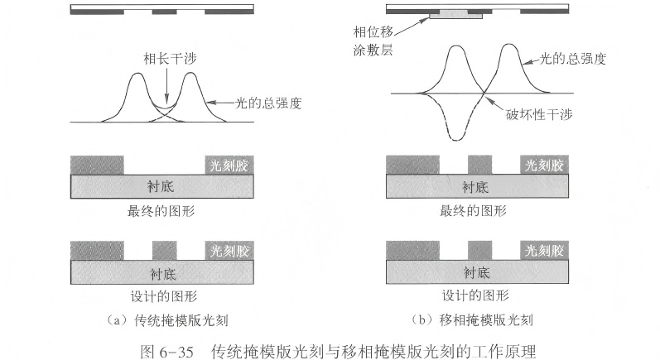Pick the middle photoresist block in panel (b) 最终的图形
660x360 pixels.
point(479,163)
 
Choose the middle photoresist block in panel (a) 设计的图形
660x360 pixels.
point(165,248)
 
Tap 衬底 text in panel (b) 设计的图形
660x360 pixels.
point(478,271)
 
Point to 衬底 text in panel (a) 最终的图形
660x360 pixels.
point(164,185)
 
